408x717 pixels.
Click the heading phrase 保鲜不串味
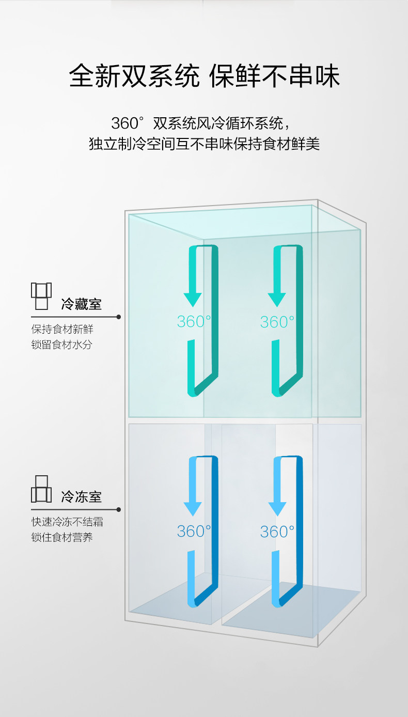point(274,76)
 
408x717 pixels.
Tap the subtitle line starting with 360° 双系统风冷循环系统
point(203,123)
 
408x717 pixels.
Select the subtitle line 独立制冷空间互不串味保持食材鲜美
point(204,144)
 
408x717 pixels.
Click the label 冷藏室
point(81,304)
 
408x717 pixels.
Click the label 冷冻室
point(81,497)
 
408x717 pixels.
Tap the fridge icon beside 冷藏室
point(41,296)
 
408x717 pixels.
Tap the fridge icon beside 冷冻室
point(41,489)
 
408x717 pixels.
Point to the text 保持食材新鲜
point(62,329)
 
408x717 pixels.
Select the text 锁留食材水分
point(62,345)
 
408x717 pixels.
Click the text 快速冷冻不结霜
point(67,522)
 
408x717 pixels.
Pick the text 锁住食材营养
point(62,537)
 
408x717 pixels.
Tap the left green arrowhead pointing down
point(193,299)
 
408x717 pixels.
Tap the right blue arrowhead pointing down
point(277,508)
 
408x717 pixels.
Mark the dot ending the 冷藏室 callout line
point(119,317)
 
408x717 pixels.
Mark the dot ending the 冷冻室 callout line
point(119,509)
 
